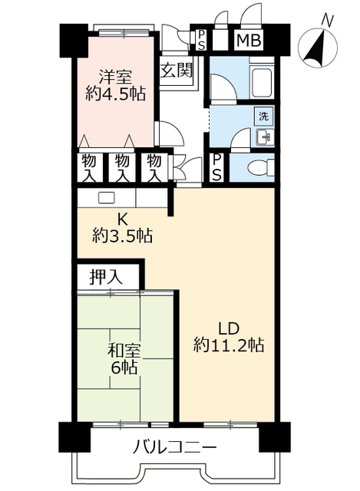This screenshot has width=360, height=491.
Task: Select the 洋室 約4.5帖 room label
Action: [x=115, y=85]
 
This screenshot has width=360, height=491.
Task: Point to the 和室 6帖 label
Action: [x=123, y=359]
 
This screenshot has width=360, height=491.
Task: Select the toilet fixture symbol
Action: [x=258, y=166]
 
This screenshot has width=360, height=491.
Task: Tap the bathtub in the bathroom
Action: [x=262, y=81]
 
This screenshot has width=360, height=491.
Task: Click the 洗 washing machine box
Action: [x=263, y=117]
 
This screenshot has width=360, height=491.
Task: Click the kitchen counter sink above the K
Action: [x=106, y=197]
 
